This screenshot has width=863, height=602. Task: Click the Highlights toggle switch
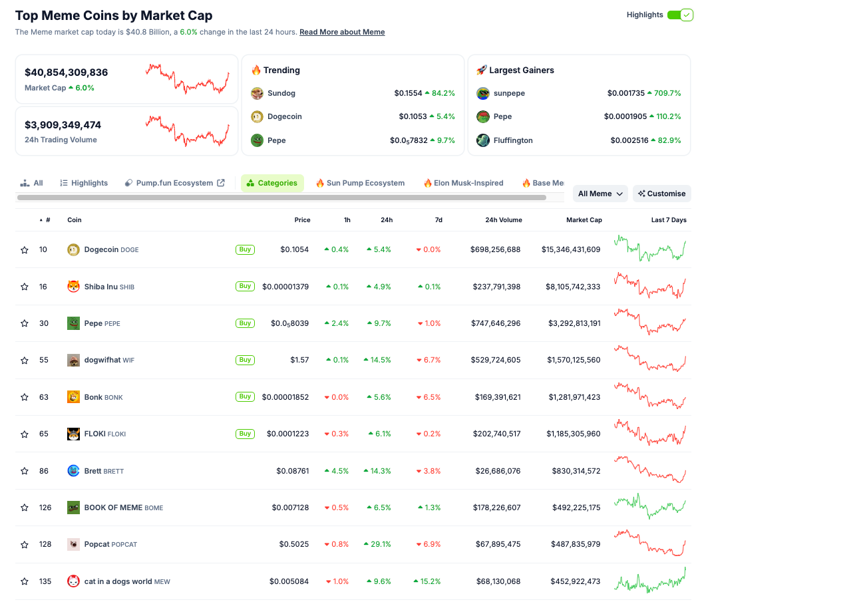tap(680, 15)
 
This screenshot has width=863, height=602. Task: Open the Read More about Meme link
tap(342, 32)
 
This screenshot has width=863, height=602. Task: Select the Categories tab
tap(272, 183)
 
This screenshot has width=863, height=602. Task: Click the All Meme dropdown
tap(600, 194)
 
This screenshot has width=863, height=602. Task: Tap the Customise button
tap(662, 194)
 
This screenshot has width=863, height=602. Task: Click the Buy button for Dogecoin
tap(245, 249)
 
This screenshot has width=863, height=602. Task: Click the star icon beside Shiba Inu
tap(25, 287)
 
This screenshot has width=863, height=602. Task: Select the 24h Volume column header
tap(503, 220)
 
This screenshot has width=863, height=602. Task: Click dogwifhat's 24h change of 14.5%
tap(377, 360)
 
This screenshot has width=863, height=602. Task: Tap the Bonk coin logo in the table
tap(73, 397)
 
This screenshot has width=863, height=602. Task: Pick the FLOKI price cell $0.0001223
tap(287, 434)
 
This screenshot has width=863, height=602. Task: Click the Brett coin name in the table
tap(93, 471)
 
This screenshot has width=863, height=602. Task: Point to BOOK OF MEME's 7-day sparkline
tap(649, 507)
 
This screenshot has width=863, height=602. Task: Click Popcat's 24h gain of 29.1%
tap(377, 544)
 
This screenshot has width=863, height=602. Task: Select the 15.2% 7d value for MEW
tap(427, 581)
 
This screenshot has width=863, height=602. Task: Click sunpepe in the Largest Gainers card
tap(509, 93)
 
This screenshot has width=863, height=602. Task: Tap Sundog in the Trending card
tap(281, 93)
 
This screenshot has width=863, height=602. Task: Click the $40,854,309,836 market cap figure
tap(66, 73)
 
